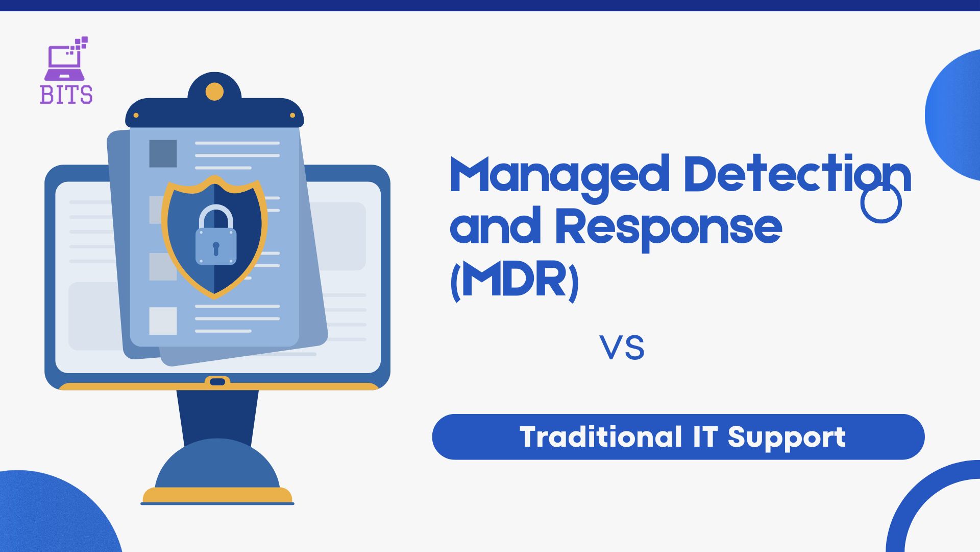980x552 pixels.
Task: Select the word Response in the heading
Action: [x=669, y=229]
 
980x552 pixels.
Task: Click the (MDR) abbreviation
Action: [x=514, y=281]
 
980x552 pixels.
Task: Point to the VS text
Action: [x=622, y=348]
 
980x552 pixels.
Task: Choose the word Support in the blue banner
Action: [x=787, y=439]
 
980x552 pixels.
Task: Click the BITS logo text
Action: [x=66, y=95]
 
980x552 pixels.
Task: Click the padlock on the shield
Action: [x=216, y=236]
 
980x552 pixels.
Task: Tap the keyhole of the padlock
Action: [x=216, y=248]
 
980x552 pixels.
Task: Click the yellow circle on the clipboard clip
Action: [x=214, y=92]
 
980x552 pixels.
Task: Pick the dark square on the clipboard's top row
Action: [x=163, y=153]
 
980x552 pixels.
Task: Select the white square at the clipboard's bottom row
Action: [x=163, y=321]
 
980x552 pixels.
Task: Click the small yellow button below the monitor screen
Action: [x=217, y=382]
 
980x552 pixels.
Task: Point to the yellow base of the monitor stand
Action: [x=217, y=496]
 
